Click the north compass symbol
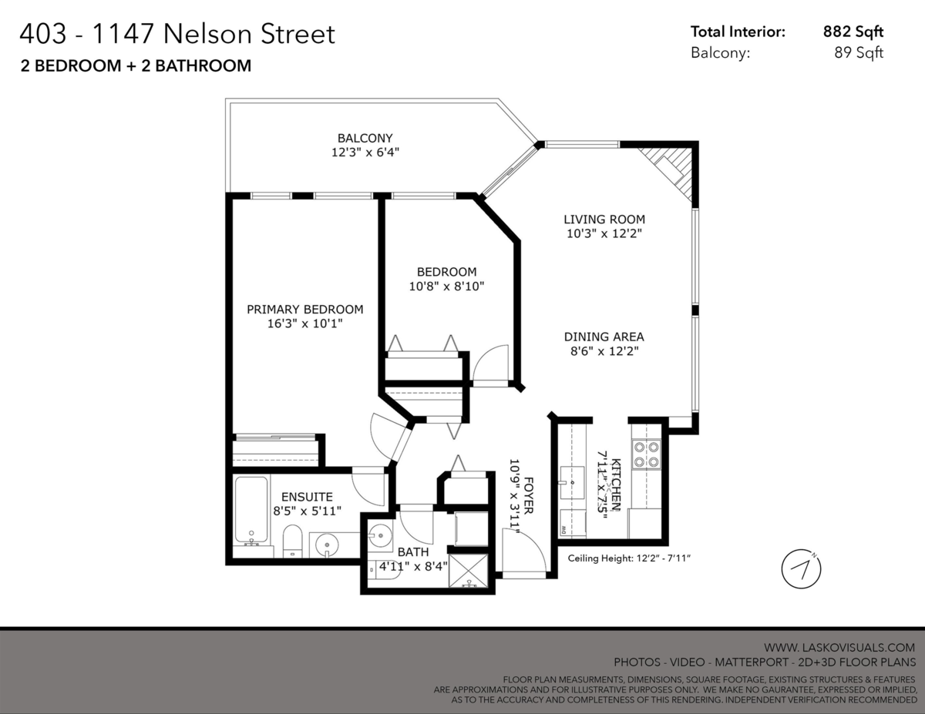coord(801,569)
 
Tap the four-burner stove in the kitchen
coord(646,454)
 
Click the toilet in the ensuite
coord(292,541)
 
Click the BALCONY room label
coord(365,138)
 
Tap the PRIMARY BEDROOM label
coord(304,309)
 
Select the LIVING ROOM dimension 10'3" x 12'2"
coord(604,233)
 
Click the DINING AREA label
coord(604,337)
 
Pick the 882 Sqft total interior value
coord(853,32)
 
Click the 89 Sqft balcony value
coord(859,52)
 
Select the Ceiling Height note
coord(629,558)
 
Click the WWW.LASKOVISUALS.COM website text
coord(839,647)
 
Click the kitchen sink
coord(572,483)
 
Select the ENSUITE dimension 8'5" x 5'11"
coord(307,511)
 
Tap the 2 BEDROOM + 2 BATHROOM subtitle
coord(136,66)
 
